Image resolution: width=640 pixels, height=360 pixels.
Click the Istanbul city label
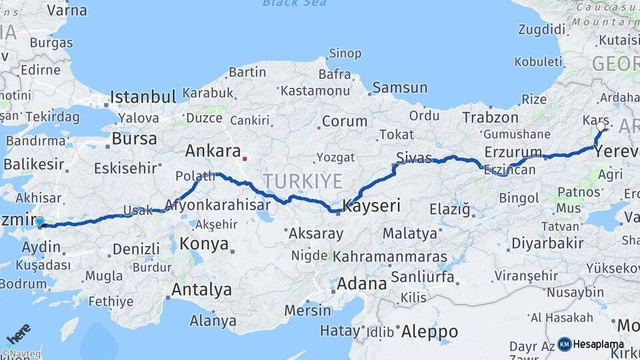click(143, 97)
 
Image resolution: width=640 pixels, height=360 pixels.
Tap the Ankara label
click(212, 151)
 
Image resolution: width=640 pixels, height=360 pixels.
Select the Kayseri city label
click(371, 206)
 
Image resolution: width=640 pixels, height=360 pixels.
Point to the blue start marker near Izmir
click(40, 221)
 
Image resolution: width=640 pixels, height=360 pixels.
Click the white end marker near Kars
click(601, 125)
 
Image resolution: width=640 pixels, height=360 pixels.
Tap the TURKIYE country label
click(303, 181)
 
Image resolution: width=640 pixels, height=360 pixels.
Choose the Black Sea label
click(294, 3)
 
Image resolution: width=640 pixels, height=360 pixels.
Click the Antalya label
click(201, 290)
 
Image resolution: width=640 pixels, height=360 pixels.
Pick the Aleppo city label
click(430, 331)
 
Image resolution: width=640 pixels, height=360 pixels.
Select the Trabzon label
click(490, 117)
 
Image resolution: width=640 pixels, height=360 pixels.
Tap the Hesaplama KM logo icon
click(565, 344)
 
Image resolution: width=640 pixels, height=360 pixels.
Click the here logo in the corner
click(18, 333)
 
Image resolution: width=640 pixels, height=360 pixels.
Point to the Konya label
click(204, 243)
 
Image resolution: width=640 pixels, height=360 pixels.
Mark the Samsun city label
click(400, 87)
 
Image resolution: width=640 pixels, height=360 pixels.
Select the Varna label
click(67, 10)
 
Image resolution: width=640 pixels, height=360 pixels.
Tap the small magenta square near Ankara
click(245, 159)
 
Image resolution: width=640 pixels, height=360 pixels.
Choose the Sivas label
click(414, 157)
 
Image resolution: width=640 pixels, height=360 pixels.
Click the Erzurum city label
click(513, 151)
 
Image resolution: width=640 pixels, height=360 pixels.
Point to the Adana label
click(361, 283)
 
